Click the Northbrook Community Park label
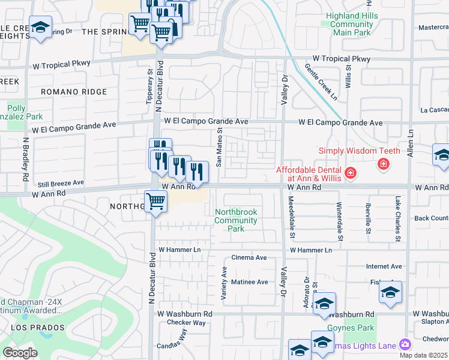coord(237,220)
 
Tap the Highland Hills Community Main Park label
coord(352,24)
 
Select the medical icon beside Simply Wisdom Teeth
coord(382,164)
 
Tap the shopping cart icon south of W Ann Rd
coord(155,202)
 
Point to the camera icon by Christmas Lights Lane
coord(405,344)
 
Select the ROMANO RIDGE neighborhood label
coord(74,92)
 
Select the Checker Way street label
coord(186,323)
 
